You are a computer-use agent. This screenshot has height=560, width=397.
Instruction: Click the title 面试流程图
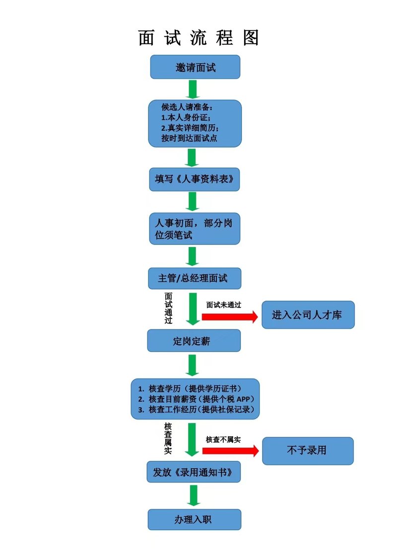[198, 37]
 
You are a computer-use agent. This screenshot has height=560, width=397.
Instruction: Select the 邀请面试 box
[195, 67]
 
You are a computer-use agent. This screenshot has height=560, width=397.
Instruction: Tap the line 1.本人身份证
[186, 117]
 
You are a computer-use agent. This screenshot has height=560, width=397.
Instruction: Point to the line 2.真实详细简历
[190, 128]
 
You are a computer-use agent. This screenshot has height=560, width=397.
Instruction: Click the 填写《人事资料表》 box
[195, 179]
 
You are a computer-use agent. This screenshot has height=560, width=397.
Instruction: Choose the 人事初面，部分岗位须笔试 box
[195, 229]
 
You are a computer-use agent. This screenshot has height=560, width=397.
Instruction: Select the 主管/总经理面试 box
[195, 278]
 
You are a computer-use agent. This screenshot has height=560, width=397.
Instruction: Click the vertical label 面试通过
[168, 308]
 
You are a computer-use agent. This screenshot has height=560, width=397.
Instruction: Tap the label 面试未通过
[224, 305]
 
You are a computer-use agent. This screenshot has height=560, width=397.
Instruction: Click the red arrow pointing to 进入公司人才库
[230, 317]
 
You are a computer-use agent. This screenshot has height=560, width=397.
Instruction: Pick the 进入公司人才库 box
[308, 315]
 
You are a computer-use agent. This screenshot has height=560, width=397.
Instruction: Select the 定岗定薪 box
[194, 341]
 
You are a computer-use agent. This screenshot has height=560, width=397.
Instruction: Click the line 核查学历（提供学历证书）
[190, 389]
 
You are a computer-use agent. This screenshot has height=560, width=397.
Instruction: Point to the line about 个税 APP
[196, 399]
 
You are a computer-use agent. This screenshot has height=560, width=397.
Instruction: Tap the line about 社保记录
[196, 409]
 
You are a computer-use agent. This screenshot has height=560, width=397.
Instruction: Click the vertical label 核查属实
[168, 439]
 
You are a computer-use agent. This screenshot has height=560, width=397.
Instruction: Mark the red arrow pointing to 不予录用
[230, 451]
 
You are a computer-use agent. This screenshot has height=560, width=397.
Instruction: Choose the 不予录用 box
[308, 451]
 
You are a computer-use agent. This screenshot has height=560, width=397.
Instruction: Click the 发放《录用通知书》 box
[194, 472]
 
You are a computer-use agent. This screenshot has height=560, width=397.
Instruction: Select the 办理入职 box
[195, 519]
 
